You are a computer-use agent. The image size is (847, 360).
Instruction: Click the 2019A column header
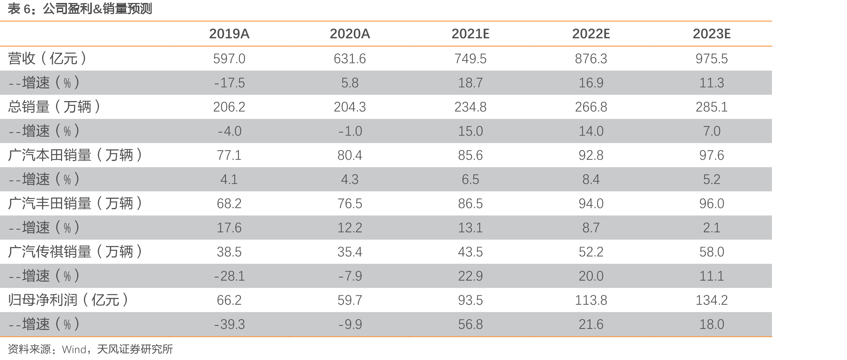coord(229,34)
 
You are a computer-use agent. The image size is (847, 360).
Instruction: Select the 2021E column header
coord(470,34)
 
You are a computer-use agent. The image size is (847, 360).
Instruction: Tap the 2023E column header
coord(711,34)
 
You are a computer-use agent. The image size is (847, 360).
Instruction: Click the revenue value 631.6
coord(350,59)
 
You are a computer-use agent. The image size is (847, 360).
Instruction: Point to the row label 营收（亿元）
coord(47,58)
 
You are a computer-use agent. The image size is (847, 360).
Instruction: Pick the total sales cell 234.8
coord(470,107)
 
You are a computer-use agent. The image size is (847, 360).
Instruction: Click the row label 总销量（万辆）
coord(54,107)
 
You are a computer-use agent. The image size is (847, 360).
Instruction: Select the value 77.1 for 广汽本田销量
coord(229,155)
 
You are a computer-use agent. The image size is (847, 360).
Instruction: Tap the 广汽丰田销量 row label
coord(75,203)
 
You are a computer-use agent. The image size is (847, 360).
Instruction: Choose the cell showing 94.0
coord(591,204)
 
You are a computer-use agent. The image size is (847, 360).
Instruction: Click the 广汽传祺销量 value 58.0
coord(711,252)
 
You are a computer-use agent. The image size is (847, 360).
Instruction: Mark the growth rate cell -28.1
coord(229,276)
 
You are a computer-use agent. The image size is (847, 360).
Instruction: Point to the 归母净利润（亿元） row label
coord(68,300)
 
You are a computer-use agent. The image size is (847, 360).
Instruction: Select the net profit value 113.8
coord(591,300)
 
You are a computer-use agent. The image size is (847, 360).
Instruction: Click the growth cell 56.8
coord(470,324)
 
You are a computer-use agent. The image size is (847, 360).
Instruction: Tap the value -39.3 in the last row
coord(229,324)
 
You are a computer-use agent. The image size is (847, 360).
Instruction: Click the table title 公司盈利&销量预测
coord(97,9)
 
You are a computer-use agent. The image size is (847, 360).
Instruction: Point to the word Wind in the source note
coord(74,349)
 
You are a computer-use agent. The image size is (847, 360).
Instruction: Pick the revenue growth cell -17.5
coord(229,83)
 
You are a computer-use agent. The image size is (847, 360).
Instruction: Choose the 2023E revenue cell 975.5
coord(711,59)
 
